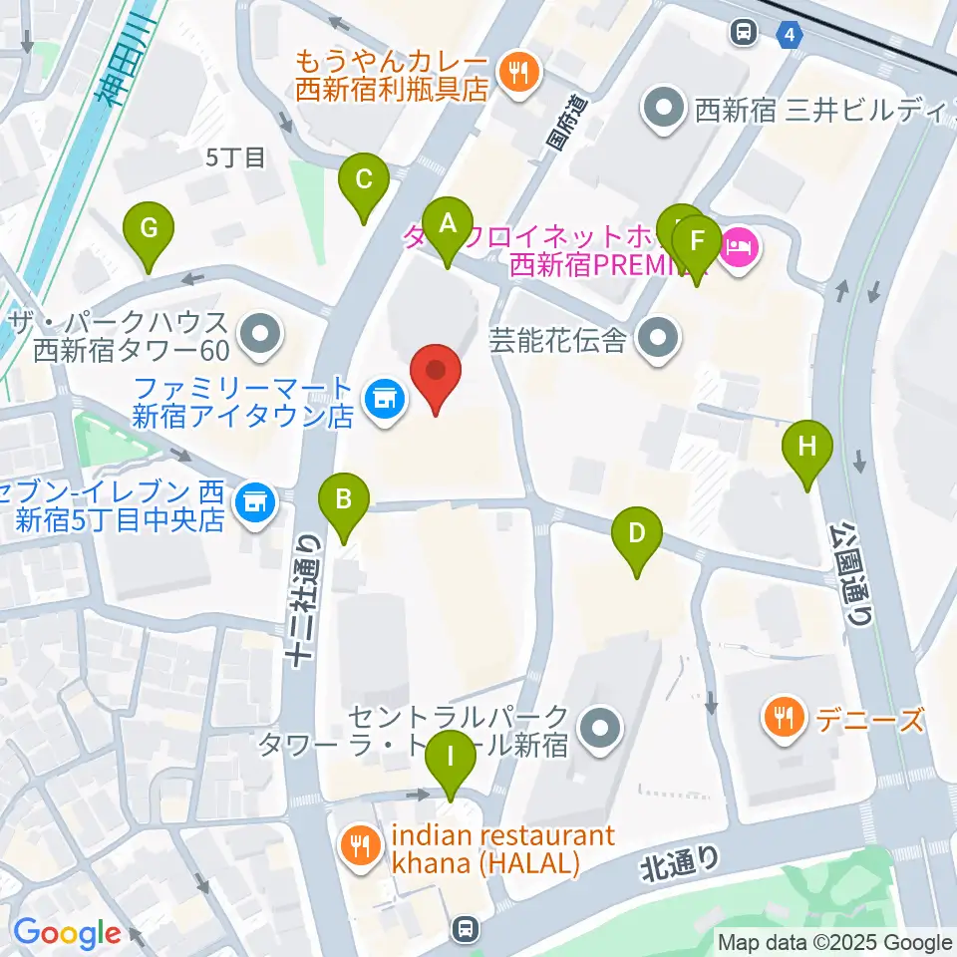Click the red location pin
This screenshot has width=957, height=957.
pos(437,375)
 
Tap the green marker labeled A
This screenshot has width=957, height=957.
pos(447,229)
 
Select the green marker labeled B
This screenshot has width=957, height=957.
pos(343,503)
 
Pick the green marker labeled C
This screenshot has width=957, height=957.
pos(364,185)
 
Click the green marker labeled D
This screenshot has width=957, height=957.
pos(637,538)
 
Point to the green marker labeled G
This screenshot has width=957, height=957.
pos(149,234)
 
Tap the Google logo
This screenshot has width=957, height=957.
pos(66,934)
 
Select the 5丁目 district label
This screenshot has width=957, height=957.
pos(235,157)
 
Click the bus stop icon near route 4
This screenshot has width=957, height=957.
pos(744,34)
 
